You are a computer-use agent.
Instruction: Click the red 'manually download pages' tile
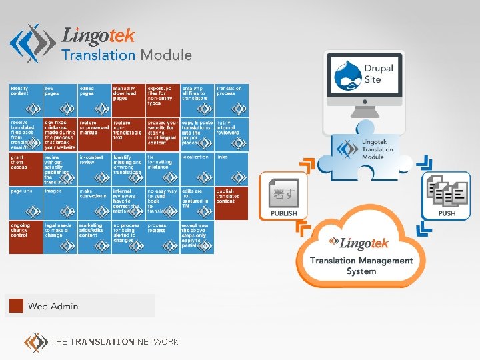[129, 100]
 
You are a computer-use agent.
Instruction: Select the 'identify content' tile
[25, 100]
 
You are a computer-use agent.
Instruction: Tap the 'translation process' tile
[231, 100]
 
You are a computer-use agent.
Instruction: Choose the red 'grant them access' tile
[25, 169]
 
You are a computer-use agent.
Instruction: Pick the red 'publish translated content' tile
[231, 203]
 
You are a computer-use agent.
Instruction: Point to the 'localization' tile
[197, 169]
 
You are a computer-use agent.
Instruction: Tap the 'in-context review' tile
[94, 169]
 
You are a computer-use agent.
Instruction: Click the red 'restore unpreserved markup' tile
[94, 135]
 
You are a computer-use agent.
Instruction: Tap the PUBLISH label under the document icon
[283, 213]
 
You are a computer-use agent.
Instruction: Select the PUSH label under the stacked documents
[447, 213]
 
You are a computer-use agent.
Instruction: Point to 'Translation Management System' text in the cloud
[361, 266]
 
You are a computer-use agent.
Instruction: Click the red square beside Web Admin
[15, 306]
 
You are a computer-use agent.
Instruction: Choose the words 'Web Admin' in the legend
[53, 306]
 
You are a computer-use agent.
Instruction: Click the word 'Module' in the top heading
[166, 55]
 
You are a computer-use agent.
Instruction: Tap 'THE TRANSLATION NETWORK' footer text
[114, 341]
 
